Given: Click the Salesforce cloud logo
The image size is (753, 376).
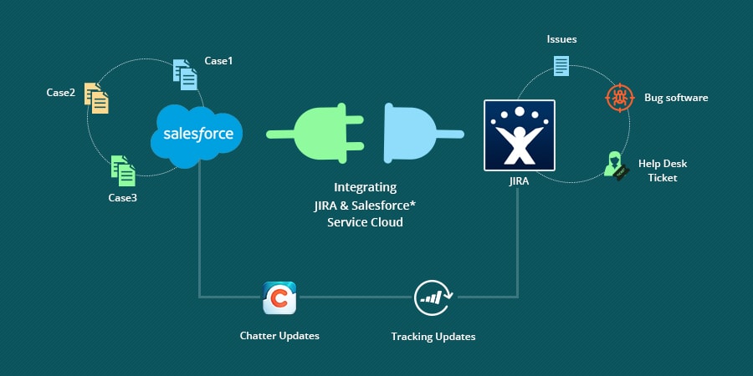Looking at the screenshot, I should [197, 133].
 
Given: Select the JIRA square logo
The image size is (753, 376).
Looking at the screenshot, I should [519, 135].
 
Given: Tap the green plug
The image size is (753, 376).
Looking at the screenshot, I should [318, 133].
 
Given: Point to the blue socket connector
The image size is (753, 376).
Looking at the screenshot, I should [418, 133].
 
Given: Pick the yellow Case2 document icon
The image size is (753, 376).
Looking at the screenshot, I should [96, 98].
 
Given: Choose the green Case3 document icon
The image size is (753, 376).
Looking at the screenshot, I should [123, 170].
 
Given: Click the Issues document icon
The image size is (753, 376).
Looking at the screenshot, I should [561, 64].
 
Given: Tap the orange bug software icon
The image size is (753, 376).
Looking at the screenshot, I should [619, 98].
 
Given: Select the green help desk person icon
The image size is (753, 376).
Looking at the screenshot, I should [615, 165].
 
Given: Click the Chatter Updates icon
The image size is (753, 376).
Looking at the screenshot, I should [279, 297].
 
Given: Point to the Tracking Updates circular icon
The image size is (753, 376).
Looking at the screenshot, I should [433, 297].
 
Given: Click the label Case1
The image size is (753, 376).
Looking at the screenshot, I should [219, 61].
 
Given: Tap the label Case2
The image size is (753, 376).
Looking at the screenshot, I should [61, 92].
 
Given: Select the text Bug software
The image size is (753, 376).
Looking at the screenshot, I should [676, 98].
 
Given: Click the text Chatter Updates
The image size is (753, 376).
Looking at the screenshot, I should [279, 336].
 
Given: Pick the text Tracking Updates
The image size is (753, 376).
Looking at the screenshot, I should [433, 337].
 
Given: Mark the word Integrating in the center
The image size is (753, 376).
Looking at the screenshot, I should [366, 187].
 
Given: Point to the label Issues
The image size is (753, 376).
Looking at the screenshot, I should [561, 39].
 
